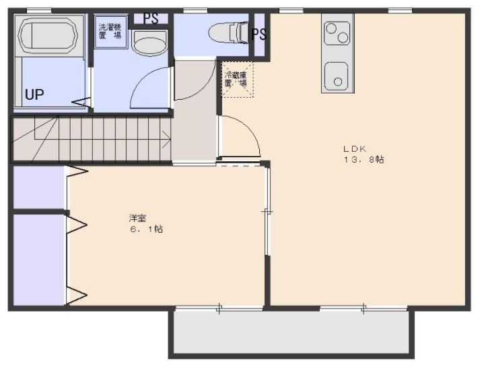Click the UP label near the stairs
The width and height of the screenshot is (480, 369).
click(34, 95)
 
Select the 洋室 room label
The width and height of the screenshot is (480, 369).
click(138, 218)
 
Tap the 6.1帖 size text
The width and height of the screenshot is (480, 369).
click(146, 229)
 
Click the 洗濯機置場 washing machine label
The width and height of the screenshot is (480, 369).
click(109, 31)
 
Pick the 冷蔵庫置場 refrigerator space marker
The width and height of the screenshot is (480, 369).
click(236, 80)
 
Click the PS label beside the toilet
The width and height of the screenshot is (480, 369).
click(259, 34)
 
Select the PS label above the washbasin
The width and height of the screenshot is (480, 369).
click(151, 18)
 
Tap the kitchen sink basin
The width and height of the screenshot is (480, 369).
click(335, 76)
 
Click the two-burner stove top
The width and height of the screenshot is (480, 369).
click(337, 32)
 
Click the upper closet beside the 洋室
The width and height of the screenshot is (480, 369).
click(38, 187)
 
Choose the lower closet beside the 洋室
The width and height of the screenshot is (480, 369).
click(38, 260)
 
